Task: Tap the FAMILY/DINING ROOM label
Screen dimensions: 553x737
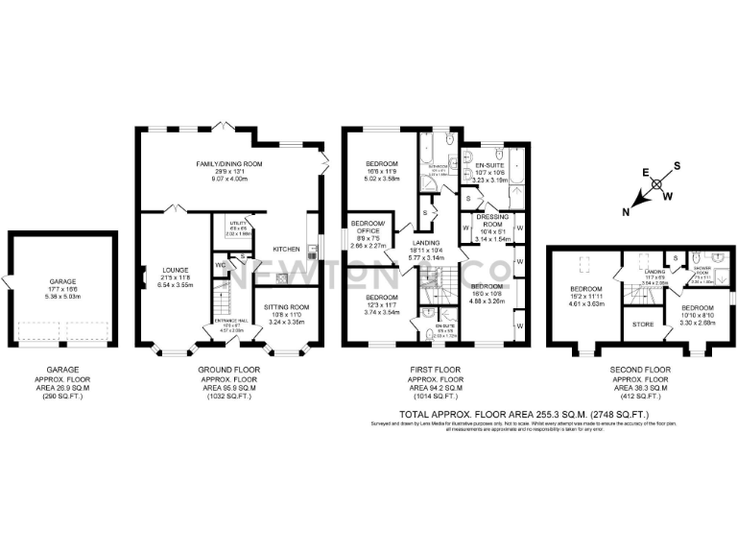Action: coord(229,164)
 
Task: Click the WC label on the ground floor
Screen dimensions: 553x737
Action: coord(219,264)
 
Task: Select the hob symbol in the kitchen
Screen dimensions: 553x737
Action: coord(285,277)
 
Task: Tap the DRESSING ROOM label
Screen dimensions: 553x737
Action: coord(491,220)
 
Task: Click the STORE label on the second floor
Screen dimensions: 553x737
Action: coord(644,325)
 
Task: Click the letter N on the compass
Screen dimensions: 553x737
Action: coord(626,210)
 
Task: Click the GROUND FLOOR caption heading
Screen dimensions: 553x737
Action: coord(227,369)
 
